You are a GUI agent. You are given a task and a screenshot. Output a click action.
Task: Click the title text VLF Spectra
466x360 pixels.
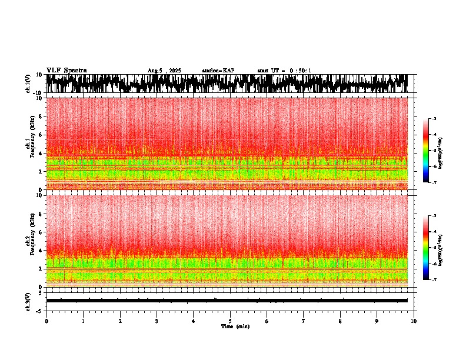pos(66,70)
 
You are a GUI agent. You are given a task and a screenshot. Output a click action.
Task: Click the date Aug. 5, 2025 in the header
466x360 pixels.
pos(164,71)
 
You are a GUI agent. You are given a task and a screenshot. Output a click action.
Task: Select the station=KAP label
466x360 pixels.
pos(218,71)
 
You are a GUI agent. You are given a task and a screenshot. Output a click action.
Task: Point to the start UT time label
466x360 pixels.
pos(284,71)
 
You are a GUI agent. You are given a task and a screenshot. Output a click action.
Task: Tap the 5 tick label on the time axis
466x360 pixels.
pos(230,321)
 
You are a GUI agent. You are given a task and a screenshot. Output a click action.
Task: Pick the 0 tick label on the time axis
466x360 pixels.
pos(46,321)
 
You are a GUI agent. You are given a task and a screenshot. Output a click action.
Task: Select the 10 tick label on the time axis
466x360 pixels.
pos(414,321)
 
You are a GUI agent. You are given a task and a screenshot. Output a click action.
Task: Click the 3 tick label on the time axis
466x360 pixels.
pos(157,321)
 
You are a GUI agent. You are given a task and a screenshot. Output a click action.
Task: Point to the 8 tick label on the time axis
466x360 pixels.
pos(340,321)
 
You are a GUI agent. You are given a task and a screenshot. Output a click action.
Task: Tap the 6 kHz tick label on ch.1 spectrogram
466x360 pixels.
pos(41,135)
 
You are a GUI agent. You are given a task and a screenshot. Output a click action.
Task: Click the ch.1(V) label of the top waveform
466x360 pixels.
pos(28,84)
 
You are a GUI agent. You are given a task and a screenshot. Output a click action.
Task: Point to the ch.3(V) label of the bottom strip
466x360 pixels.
pos(28,301)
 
